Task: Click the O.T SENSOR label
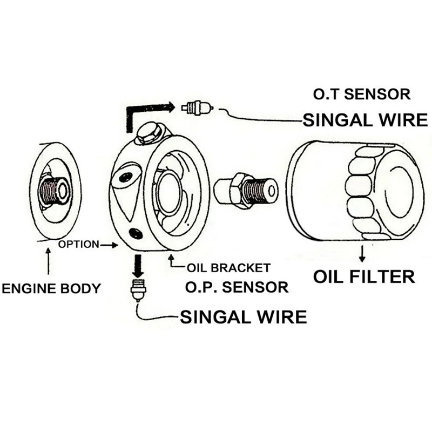[361, 94]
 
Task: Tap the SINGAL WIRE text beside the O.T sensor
[366, 120]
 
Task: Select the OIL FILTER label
[364, 276]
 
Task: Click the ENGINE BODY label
[51, 288]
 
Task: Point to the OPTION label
[78, 245]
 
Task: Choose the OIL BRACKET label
[228, 268]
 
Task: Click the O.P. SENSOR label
[237, 287]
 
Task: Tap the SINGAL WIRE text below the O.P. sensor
[244, 317]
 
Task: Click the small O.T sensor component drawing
[197, 107]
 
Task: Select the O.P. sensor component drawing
[138, 291]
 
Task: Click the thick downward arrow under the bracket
[138, 266]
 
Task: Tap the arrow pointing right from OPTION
[109, 245]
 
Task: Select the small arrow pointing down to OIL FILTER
[362, 253]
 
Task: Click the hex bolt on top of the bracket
[150, 133]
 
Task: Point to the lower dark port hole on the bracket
[136, 233]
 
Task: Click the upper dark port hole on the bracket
[126, 177]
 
